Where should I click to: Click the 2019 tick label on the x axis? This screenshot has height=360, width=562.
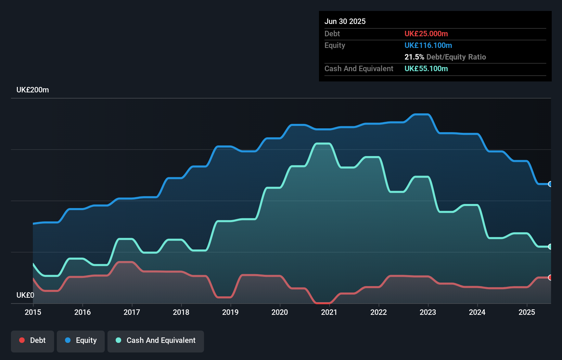[230, 312]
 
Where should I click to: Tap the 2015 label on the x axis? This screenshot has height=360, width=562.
[33, 312]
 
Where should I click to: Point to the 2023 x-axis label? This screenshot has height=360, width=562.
[428, 312]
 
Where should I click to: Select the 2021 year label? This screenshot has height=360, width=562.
[329, 312]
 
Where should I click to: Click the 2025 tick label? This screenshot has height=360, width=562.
[527, 312]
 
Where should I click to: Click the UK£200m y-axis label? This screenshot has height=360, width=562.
[33, 90]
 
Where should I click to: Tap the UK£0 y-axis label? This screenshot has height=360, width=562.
[25, 295]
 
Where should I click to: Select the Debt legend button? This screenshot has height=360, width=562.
[33, 340]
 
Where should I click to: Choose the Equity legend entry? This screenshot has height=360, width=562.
[81, 340]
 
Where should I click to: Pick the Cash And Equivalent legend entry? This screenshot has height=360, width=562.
[156, 340]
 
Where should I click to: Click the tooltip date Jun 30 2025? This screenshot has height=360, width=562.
[345, 21]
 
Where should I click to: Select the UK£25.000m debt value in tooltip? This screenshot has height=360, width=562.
[426, 34]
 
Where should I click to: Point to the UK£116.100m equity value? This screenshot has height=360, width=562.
[428, 45]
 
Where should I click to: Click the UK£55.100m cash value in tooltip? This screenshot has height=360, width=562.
[426, 68]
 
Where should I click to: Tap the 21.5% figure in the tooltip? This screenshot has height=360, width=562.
[414, 57]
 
